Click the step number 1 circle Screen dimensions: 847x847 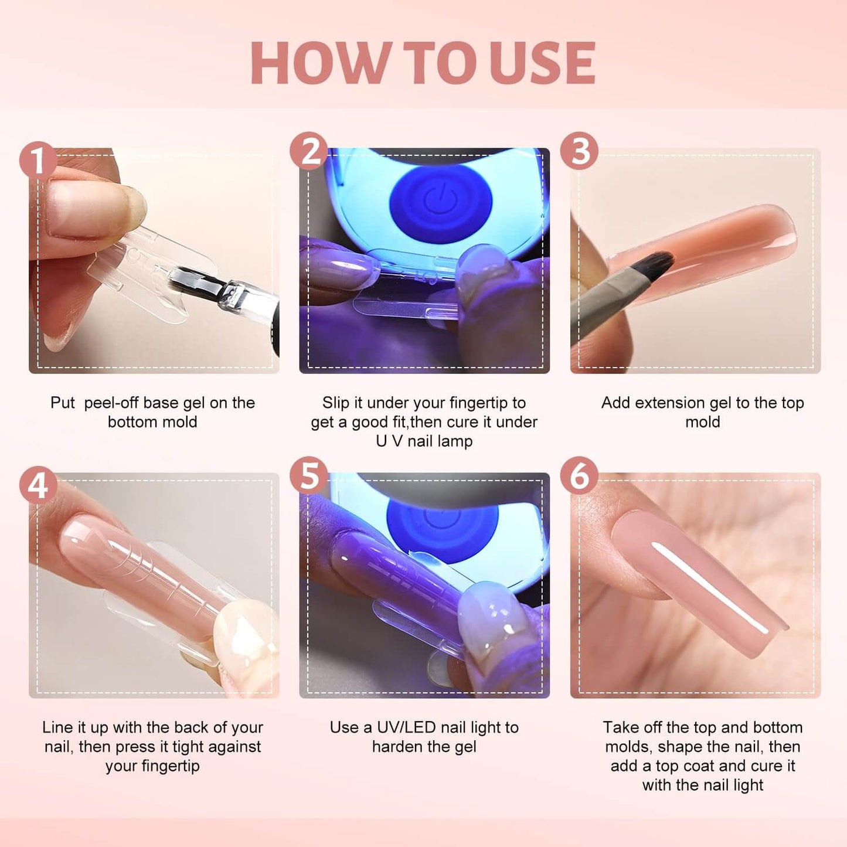click(x=38, y=159)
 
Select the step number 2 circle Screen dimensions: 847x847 click(x=309, y=151)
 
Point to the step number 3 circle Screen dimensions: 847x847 click(x=579, y=151)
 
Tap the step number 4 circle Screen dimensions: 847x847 click(x=38, y=485)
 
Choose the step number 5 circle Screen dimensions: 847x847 click(x=309, y=476)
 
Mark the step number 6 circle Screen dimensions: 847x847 click(x=579, y=476)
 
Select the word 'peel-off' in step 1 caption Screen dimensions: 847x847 click(x=111, y=403)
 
